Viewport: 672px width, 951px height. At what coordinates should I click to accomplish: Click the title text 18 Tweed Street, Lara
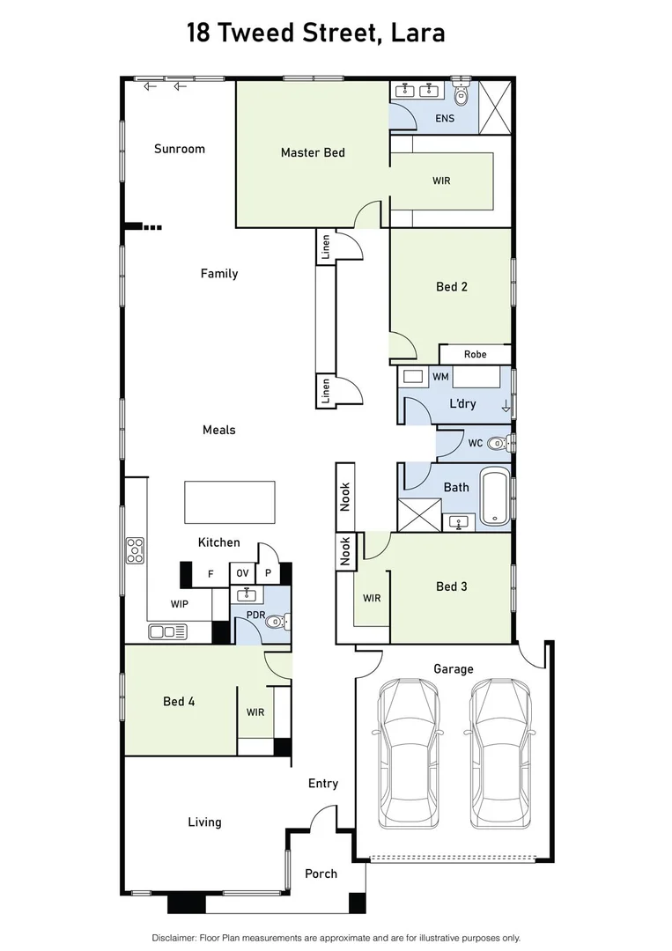[315, 33]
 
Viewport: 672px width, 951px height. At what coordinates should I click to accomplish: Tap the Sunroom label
[179, 149]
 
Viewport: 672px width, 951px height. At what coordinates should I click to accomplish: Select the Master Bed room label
[313, 152]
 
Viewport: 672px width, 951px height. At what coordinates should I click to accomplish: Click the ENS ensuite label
[445, 118]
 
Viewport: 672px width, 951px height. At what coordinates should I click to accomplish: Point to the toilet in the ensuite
[462, 92]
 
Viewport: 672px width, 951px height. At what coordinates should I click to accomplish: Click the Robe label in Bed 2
[475, 354]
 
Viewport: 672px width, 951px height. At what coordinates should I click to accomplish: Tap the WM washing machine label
[439, 377]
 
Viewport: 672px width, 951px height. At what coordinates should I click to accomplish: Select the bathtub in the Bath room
[495, 499]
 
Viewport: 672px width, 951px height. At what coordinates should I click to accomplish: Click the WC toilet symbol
[498, 443]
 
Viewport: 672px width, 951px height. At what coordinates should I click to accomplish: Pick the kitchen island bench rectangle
[229, 502]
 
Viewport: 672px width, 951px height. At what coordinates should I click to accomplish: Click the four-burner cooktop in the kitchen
[135, 550]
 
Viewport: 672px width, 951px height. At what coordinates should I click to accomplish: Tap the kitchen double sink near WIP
[167, 631]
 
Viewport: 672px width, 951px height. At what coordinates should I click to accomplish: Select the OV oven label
[242, 573]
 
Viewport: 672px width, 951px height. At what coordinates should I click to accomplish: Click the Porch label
[321, 874]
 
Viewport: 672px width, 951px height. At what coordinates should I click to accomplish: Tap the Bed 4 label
[179, 701]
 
